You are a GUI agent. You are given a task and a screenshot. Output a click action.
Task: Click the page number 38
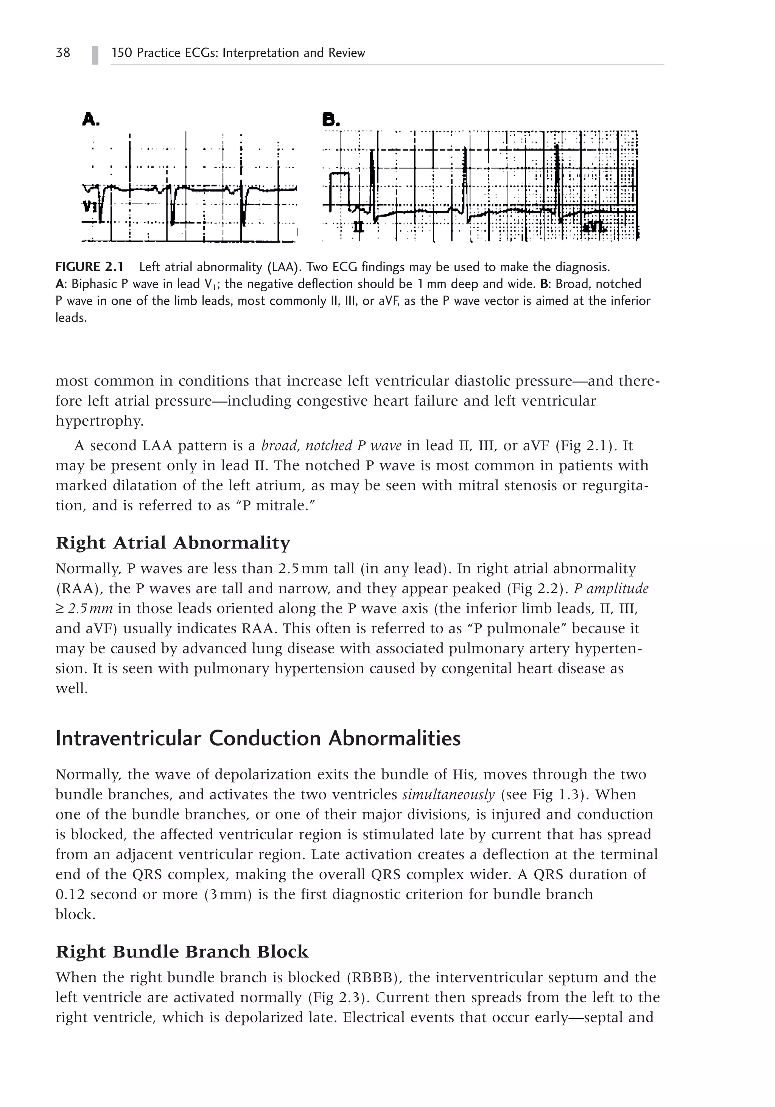pyautogui.click(x=63, y=53)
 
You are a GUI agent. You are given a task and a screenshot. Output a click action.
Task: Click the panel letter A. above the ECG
pyautogui.click(x=91, y=119)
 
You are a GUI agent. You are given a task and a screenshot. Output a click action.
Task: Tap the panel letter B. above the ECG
pyautogui.click(x=331, y=119)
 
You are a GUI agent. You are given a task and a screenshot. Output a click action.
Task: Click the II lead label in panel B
pyautogui.click(x=358, y=227)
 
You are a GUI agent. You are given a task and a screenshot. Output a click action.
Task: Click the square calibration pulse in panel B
pyautogui.click(x=339, y=188)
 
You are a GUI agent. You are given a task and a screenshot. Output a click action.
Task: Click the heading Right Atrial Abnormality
pyautogui.click(x=173, y=543)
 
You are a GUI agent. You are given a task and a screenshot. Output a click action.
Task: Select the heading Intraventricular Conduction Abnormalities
pyautogui.click(x=258, y=738)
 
